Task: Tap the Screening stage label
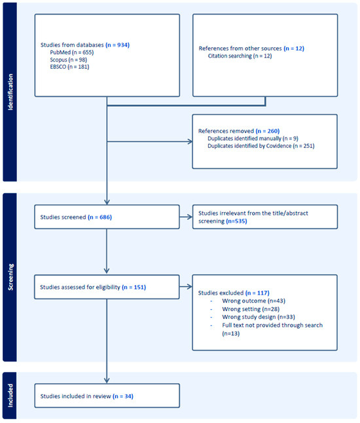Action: [x=10, y=278]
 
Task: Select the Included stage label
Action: [x=10, y=396]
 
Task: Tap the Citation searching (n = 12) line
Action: [x=240, y=56]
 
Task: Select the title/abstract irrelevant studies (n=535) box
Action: [x=264, y=216]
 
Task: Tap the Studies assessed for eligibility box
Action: [x=107, y=286]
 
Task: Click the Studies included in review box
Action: [x=107, y=396]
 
